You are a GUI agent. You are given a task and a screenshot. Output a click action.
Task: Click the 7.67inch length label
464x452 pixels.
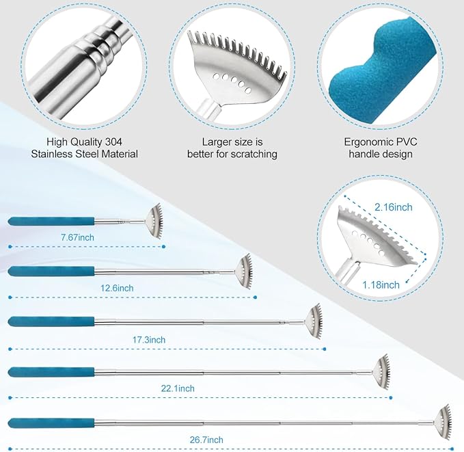(x=77, y=237)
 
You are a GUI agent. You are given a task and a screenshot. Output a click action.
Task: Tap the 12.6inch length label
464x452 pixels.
(x=117, y=288)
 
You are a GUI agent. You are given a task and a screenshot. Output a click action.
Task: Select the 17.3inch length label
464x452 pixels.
(x=149, y=339)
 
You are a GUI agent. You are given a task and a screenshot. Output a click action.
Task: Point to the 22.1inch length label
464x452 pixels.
(x=178, y=388)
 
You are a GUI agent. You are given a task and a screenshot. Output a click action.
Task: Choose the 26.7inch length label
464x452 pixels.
(x=206, y=440)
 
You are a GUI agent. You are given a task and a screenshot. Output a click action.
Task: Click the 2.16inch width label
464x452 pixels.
(x=394, y=207)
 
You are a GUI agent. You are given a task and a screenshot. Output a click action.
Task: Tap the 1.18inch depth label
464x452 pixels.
(x=381, y=285)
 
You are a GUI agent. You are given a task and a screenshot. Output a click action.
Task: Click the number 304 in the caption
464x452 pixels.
(x=113, y=142)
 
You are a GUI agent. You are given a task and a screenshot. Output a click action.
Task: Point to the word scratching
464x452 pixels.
(x=254, y=154)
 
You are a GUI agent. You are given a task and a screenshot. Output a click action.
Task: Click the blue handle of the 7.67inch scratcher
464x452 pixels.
(x=51, y=222)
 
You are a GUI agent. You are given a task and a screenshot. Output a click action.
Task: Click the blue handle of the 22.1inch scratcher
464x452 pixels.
(x=51, y=372)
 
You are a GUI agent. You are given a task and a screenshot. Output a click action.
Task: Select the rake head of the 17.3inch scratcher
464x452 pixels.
(x=314, y=322)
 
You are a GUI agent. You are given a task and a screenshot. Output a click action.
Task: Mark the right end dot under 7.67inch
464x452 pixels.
(x=164, y=246)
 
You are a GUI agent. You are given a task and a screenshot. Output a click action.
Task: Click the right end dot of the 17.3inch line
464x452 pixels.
(x=325, y=349)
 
